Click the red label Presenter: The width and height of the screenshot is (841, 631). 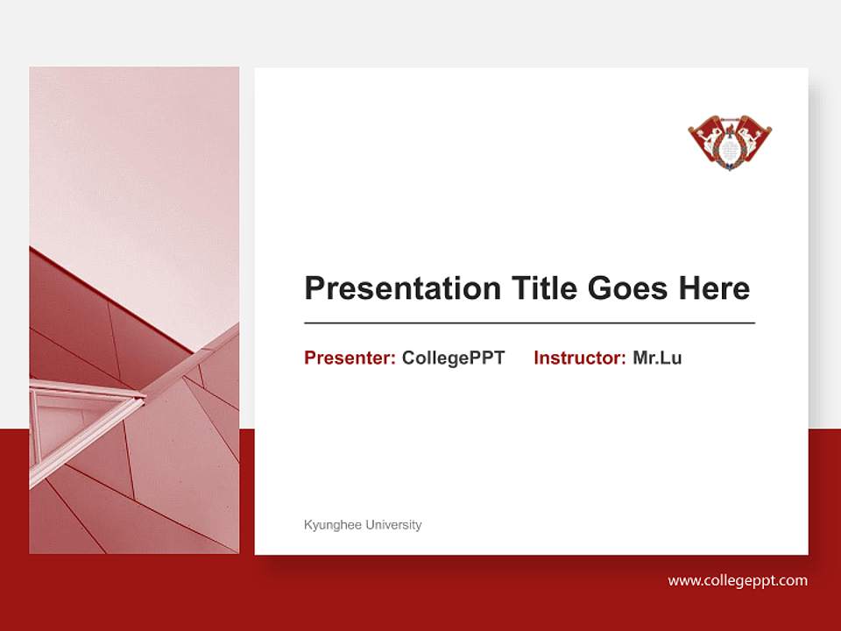(350, 358)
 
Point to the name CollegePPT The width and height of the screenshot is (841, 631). (453, 358)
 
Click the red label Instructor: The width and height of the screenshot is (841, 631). (579, 358)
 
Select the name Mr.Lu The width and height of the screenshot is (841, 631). (657, 358)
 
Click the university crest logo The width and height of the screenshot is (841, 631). (730, 142)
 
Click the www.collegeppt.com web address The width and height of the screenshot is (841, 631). (738, 580)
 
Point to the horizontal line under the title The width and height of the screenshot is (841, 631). (529, 323)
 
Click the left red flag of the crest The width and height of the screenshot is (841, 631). (706, 136)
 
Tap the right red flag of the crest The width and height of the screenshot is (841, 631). (754, 136)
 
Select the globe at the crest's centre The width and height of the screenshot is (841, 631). (730, 150)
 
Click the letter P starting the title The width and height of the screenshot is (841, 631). (314, 288)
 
